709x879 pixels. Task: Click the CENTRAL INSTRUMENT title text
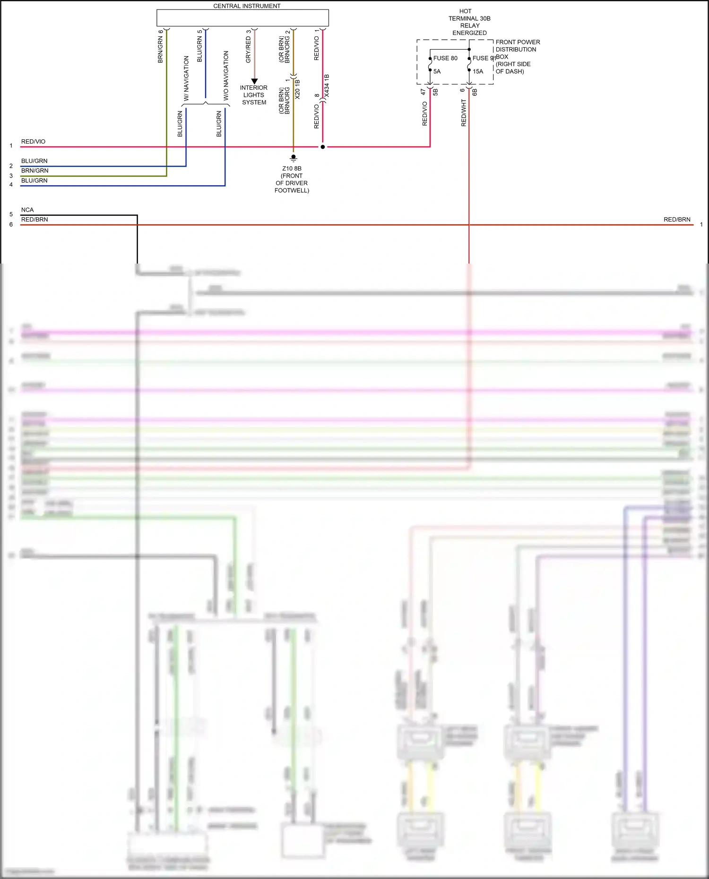[247, 6]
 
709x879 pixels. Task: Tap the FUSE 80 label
[445, 58]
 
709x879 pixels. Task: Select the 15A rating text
[478, 71]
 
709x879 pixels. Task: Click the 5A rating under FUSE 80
[437, 71]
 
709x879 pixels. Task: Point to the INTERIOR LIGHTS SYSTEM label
[254, 95]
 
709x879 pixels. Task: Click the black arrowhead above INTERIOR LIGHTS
[254, 81]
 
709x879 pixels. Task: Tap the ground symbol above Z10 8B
[294, 158]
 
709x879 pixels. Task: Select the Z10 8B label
[292, 169]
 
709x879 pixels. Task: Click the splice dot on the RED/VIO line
[323, 147]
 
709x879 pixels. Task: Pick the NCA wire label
[27, 210]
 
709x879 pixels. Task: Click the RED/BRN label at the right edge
[677, 220]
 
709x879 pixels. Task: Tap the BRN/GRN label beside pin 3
[35, 171]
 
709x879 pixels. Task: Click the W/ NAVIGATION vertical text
[186, 78]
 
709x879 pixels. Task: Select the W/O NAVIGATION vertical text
[226, 76]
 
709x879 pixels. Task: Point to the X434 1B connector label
[327, 86]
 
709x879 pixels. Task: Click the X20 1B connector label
[297, 89]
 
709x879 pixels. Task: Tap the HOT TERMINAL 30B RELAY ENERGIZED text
[469, 22]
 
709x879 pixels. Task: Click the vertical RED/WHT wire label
[464, 112]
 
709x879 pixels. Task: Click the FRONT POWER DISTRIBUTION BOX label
[517, 56]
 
